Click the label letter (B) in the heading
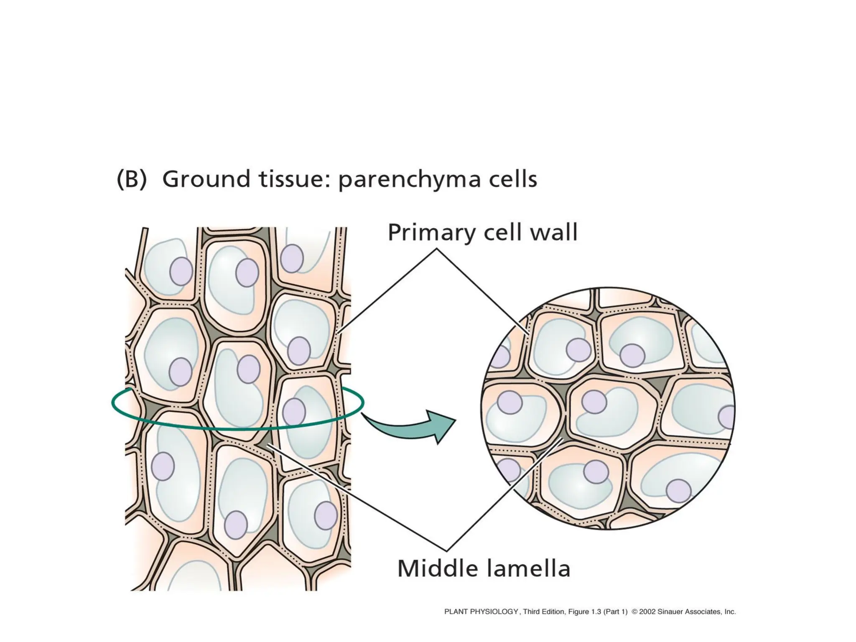click(132, 180)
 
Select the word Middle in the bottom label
click(435, 568)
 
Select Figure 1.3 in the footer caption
click(585, 612)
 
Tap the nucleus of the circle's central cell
click(594, 402)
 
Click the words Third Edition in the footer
click(543, 612)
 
